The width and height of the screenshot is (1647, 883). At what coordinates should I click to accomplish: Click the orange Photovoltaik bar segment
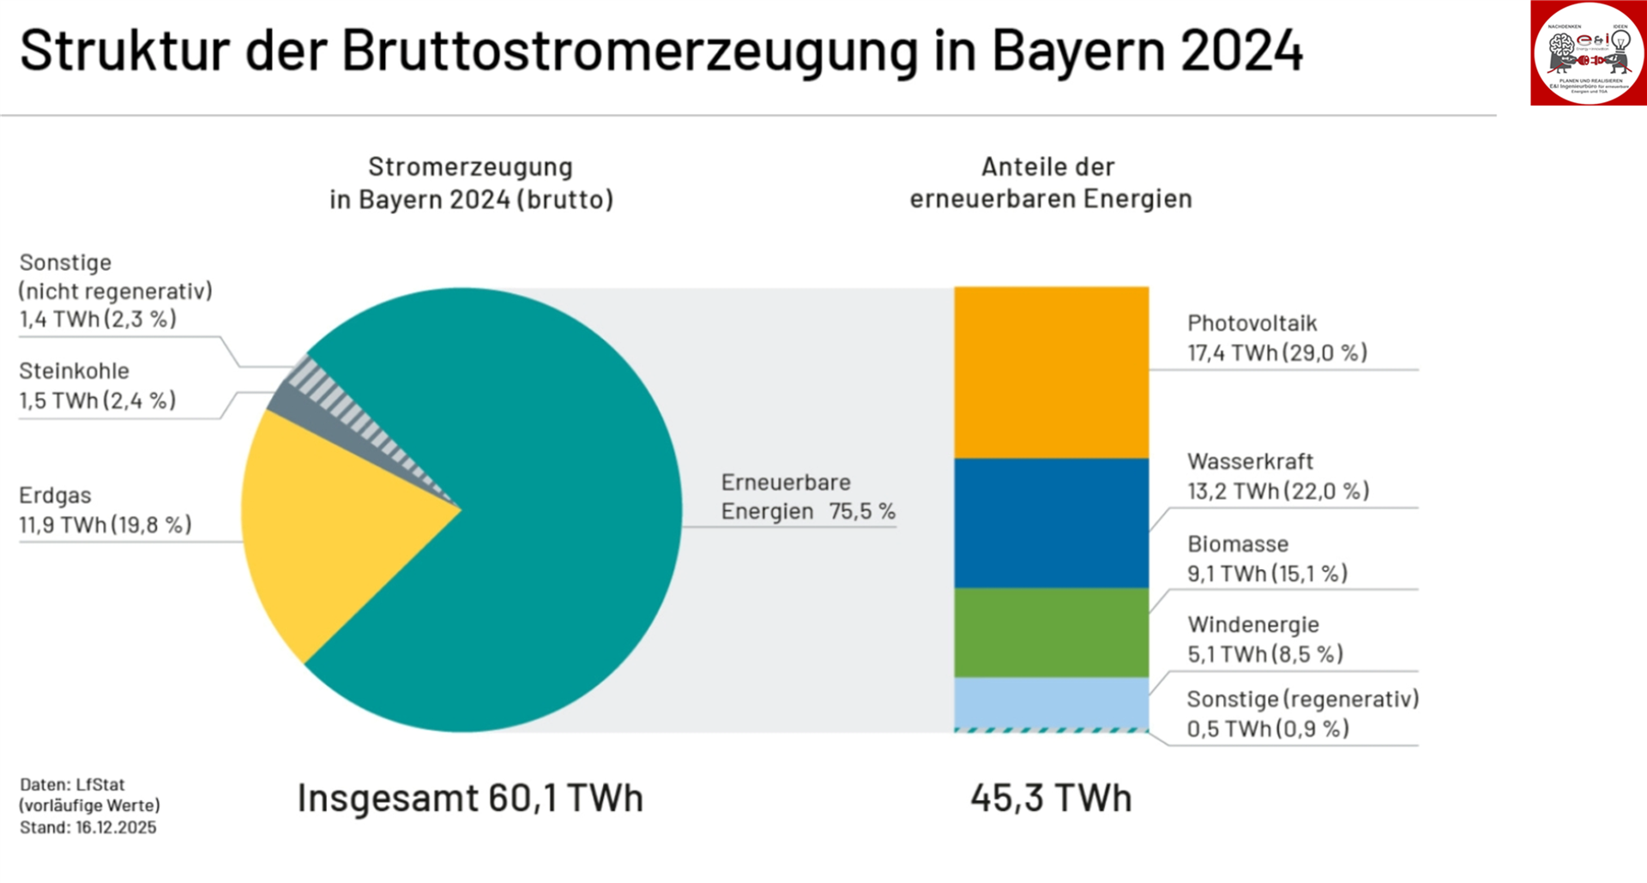pos(1051,372)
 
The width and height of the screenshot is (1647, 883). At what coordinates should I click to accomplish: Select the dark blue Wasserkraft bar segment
pos(1051,523)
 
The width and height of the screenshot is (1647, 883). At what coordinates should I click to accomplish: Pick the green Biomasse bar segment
pos(1051,633)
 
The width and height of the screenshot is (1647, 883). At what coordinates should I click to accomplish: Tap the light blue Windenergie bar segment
pos(1051,702)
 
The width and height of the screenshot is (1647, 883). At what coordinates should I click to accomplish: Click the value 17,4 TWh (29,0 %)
pos(1276,352)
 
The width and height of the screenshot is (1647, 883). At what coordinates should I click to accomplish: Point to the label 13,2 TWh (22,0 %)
pos(1277,491)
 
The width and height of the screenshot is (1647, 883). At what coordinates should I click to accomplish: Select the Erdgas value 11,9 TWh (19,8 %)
pos(105,525)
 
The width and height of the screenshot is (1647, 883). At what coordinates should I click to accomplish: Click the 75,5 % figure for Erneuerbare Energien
pos(861,512)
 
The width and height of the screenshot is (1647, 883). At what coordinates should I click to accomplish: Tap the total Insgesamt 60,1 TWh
pos(470,798)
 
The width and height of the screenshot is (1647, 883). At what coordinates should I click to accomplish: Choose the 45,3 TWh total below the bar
pos(1051,798)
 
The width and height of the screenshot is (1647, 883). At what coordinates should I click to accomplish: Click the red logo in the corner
pos(1587,53)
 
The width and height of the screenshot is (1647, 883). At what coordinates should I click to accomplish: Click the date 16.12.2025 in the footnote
pos(116,827)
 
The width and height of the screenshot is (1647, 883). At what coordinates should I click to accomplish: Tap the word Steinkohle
pos(74,371)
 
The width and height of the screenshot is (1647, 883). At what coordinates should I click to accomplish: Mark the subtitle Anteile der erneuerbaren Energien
pos(1050,183)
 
